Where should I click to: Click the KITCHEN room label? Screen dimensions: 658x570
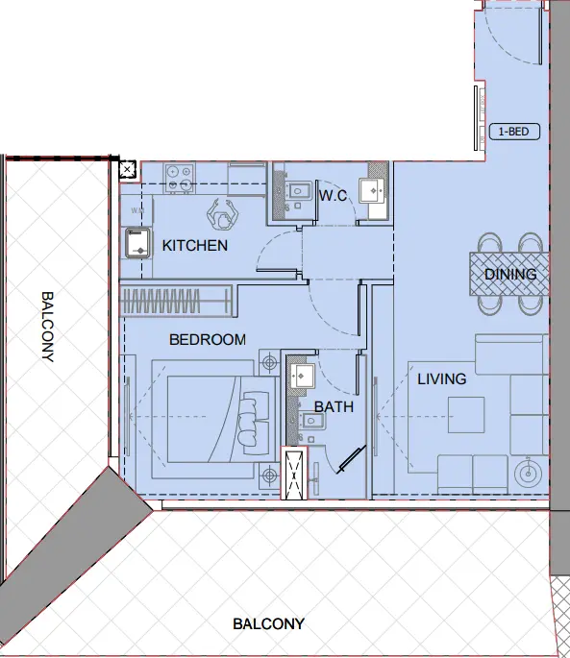(195, 246)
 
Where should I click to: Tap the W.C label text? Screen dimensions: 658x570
(333, 197)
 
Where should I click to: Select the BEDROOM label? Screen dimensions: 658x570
(207, 340)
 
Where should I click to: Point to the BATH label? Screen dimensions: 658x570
(335, 407)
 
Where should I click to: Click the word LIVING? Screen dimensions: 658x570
(441, 379)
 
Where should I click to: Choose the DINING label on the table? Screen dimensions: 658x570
(510, 275)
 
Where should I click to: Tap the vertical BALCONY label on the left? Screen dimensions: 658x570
(46, 326)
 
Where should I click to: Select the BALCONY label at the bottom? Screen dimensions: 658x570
(268, 624)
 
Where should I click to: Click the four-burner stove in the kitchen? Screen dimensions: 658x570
(179, 177)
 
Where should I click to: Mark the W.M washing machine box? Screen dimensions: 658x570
(136, 209)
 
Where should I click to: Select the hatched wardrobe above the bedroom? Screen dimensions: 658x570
(175, 300)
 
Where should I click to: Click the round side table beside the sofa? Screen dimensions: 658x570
(526, 473)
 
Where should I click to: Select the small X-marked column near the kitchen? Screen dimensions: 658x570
(127, 171)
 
